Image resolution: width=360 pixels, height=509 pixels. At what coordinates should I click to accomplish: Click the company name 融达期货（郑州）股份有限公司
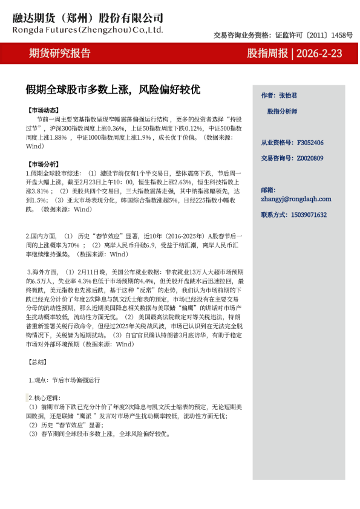pyautogui.click(x=88, y=18)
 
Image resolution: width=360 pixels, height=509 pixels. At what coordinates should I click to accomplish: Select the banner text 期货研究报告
pyautogui.click(x=60, y=53)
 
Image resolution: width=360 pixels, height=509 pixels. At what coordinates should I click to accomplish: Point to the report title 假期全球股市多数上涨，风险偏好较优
pyautogui.click(x=113, y=90)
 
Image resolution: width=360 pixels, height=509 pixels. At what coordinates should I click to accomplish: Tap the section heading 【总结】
pyautogui.click(x=37, y=362)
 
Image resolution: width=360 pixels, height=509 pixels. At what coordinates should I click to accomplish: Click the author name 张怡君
pyautogui.click(x=287, y=96)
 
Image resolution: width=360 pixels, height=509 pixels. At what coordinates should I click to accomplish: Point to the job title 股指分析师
pyautogui.click(x=282, y=111)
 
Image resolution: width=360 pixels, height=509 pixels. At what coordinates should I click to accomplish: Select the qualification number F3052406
pyautogui.click(x=310, y=143)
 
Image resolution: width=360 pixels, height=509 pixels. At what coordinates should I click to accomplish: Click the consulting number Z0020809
pyautogui.click(x=310, y=158)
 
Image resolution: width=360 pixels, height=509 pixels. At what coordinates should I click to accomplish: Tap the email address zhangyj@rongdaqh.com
pyautogui.click(x=296, y=198)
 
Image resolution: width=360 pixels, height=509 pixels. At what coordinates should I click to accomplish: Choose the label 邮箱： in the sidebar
pyautogui.click(x=269, y=190)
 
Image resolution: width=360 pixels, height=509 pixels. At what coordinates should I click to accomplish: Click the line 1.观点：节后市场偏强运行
pyautogui.click(x=64, y=380)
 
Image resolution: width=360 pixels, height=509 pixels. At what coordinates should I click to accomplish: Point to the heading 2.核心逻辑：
pyautogui.click(x=47, y=398)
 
